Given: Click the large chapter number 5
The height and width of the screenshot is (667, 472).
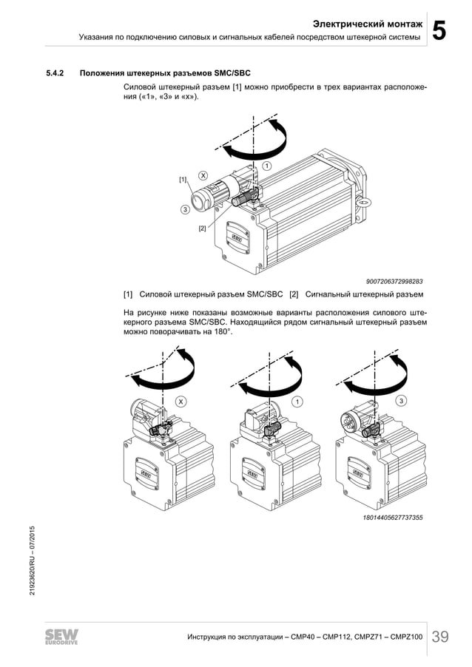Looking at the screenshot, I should [439, 30].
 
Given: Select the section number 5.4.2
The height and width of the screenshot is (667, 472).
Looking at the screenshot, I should [55, 73].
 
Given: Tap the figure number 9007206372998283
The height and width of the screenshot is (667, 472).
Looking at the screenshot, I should [394, 281].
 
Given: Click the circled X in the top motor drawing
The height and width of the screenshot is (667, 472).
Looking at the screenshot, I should [203, 175].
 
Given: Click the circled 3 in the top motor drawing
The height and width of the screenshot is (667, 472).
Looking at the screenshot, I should [185, 210].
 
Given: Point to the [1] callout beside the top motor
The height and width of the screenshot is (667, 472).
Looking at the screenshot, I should [183, 180].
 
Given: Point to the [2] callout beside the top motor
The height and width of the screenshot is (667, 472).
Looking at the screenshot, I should [202, 228].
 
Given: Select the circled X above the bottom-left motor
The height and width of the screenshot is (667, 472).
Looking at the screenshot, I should [180, 401].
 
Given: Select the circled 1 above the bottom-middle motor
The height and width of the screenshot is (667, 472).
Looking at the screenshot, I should [297, 401].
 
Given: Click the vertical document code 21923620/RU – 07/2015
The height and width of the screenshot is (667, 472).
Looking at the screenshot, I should [32, 562].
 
